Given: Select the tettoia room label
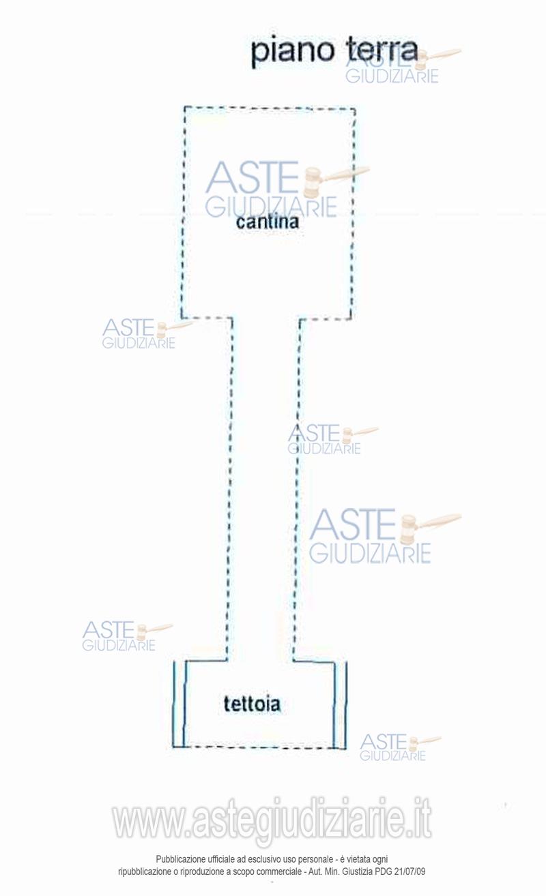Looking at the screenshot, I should (x=252, y=704).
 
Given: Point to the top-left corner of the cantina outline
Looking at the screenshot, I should (x=185, y=107).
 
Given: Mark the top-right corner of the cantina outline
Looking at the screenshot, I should (x=354, y=108).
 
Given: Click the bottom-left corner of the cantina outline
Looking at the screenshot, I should (x=182, y=317).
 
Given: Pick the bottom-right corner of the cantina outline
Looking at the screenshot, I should (x=351, y=318).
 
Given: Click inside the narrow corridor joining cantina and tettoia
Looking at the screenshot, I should (x=263, y=491).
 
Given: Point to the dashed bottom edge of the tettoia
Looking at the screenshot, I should (x=259, y=747).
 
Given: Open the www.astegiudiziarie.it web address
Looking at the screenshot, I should (x=272, y=820).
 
